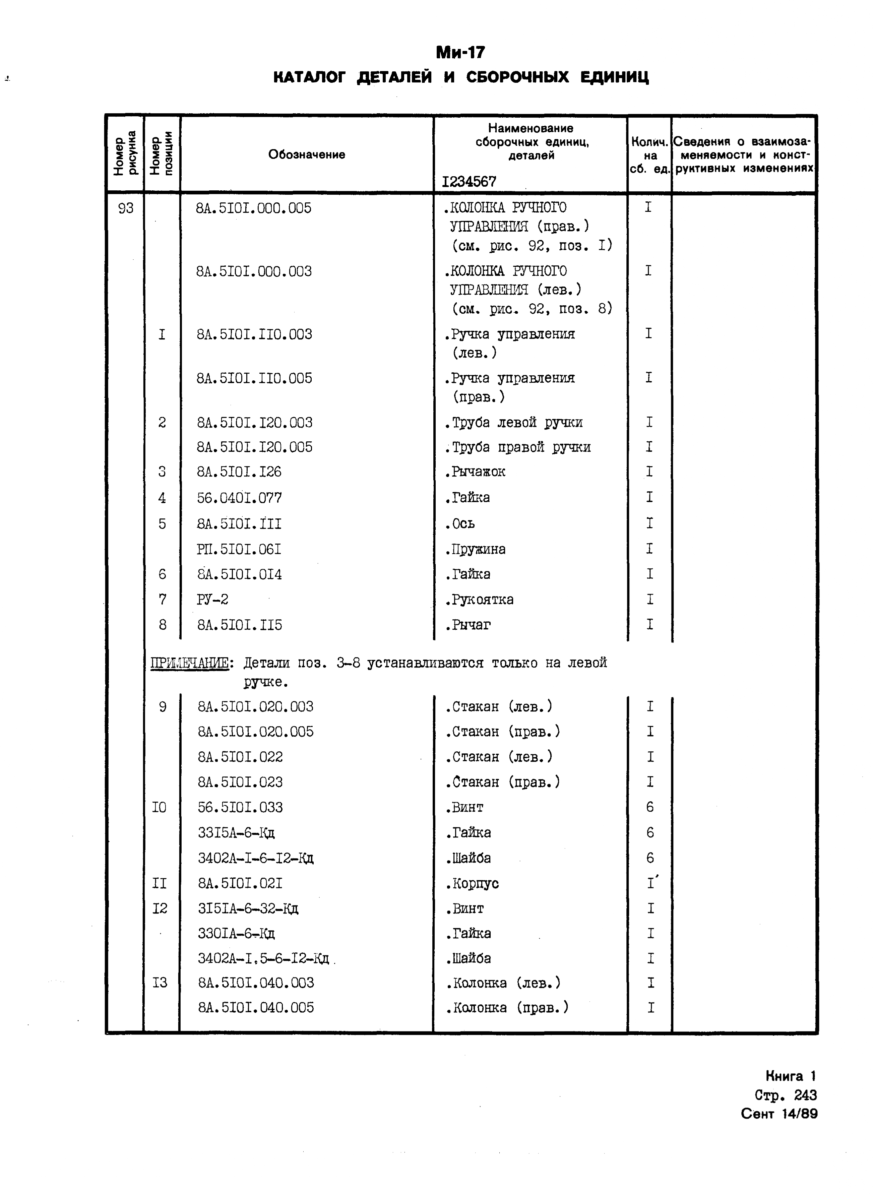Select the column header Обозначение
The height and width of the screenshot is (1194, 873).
tap(307, 154)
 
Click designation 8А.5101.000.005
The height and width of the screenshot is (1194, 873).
tap(254, 208)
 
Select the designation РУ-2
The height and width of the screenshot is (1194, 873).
tap(212, 600)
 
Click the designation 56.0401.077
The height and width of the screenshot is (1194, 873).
tap(239, 498)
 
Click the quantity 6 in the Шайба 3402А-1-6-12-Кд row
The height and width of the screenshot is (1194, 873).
tap(650, 858)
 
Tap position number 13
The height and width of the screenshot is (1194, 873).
tap(160, 983)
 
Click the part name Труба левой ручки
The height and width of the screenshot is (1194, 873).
tap(514, 423)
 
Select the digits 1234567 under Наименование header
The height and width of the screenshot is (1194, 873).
tap(469, 182)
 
